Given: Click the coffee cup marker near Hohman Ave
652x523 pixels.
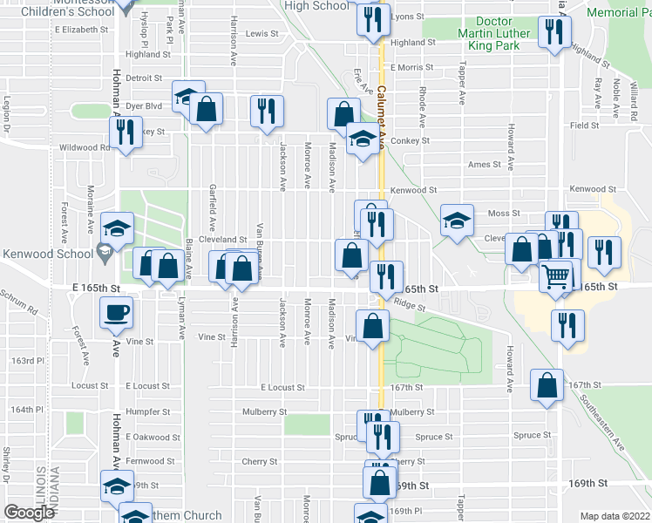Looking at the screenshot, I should coord(116,312).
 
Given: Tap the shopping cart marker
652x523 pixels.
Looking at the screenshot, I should coord(555,275).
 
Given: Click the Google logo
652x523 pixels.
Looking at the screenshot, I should coord(29,513).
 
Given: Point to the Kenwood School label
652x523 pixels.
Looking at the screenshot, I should coord(47,255).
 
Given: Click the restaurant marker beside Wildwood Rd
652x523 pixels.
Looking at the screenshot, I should coord(124,132).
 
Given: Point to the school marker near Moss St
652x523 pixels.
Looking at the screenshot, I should coord(456,221).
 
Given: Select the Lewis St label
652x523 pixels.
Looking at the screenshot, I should coord(261,34).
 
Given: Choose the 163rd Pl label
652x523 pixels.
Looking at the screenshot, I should coord(27,360).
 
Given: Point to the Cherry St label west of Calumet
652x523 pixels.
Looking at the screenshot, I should coord(260,462).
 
